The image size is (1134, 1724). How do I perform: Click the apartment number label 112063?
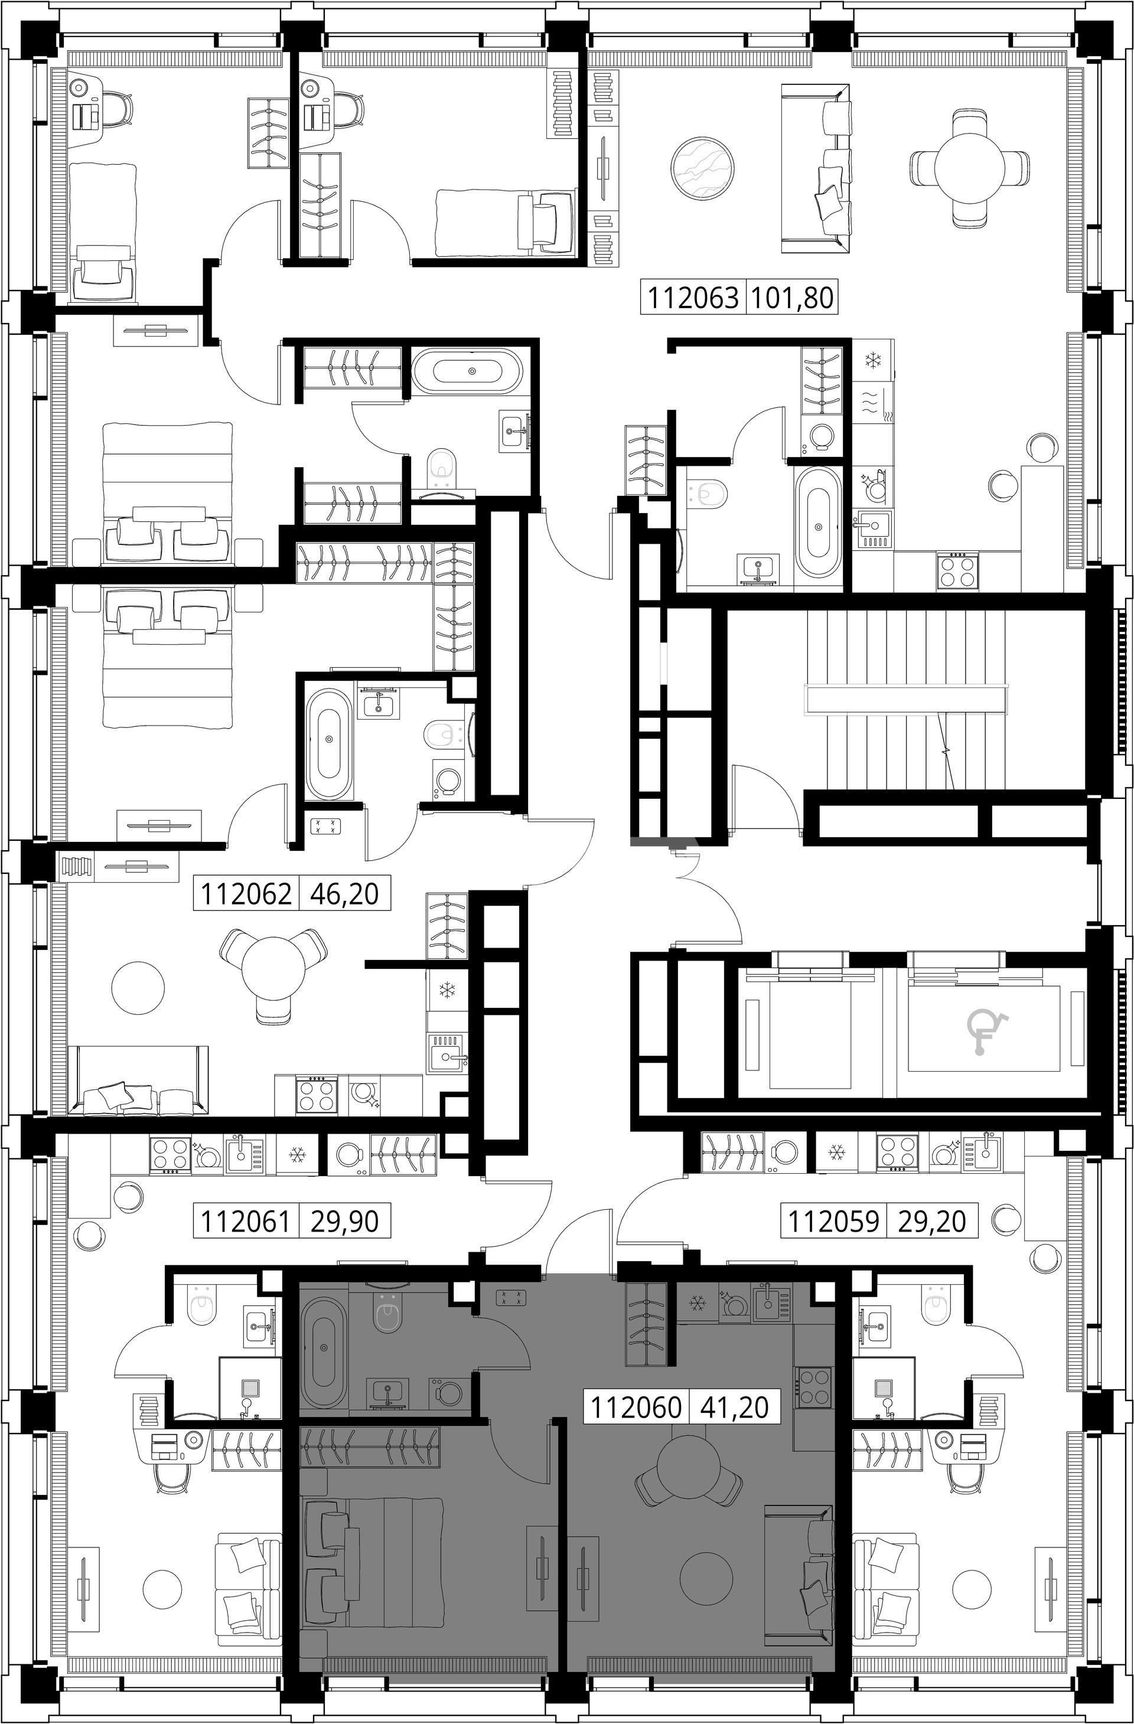[692, 298]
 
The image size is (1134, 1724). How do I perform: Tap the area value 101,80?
[791, 298]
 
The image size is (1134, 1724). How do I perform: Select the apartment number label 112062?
[246, 893]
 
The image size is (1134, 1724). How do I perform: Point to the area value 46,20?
[344, 893]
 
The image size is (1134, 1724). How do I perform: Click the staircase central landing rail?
[906, 700]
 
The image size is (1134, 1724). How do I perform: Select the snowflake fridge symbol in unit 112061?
[296, 1175]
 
